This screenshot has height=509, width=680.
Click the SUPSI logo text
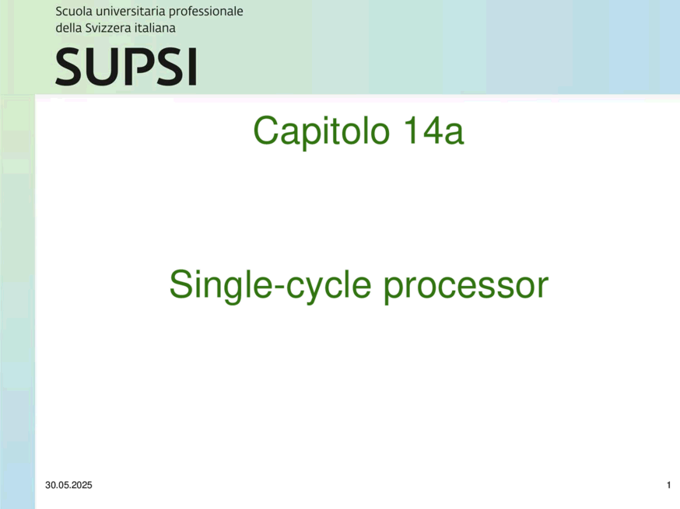126,67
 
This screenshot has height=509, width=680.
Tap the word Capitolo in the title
321,131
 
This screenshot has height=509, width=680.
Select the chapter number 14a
433,130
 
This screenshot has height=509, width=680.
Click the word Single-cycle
270,285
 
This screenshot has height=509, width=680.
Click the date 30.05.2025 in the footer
68,485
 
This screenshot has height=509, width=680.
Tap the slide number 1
669,485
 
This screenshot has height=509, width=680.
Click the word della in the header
68,28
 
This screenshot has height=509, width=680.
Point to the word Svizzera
108,28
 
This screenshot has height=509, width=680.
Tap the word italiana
155,28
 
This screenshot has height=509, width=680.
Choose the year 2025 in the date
82,485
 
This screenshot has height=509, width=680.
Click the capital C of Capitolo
265,131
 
